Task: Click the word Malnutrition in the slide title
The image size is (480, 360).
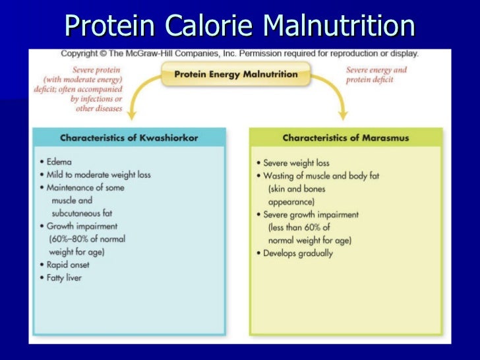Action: (x=339, y=26)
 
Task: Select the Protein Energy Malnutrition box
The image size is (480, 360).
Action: (x=235, y=74)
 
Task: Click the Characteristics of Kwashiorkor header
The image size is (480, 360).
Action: (x=129, y=138)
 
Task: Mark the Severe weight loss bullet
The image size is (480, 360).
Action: (x=296, y=163)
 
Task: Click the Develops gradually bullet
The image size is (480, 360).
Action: (x=298, y=253)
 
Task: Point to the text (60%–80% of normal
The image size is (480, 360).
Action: (x=86, y=239)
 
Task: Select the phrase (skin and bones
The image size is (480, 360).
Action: (x=296, y=189)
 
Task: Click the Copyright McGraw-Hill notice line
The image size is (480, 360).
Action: (x=239, y=53)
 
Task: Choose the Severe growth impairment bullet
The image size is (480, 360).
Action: (x=311, y=215)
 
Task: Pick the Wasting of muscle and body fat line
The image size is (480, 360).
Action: (x=321, y=176)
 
